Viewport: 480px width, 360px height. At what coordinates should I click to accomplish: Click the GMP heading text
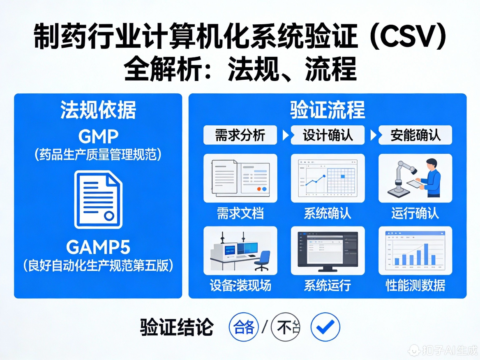[x=98, y=136]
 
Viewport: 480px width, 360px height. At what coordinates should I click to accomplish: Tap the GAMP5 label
[x=98, y=248]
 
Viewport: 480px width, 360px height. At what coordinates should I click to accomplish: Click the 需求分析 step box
[x=240, y=135]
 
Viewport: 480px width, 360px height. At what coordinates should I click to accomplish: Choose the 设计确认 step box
[x=328, y=135]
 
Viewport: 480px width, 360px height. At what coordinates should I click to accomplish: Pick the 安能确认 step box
[x=415, y=135]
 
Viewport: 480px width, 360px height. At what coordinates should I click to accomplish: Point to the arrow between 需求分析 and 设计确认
[x=284, y=135]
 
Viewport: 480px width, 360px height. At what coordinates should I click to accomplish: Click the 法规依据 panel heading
[x=98, y=110]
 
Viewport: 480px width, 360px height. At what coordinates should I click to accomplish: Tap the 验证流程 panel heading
[x=328, y=110]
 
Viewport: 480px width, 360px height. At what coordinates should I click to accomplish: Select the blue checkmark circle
[x=325, y=327]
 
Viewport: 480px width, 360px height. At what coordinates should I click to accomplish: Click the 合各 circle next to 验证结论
[x=243, y=327]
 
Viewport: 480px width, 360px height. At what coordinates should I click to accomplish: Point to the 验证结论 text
[x=177, y=328]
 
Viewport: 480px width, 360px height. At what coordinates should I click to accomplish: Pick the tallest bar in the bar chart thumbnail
[x=426, y=254]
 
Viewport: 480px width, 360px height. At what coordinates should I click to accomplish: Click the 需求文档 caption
[x=240, y=213]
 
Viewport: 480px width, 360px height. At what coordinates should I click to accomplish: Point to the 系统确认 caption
[x=328, y=213]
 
